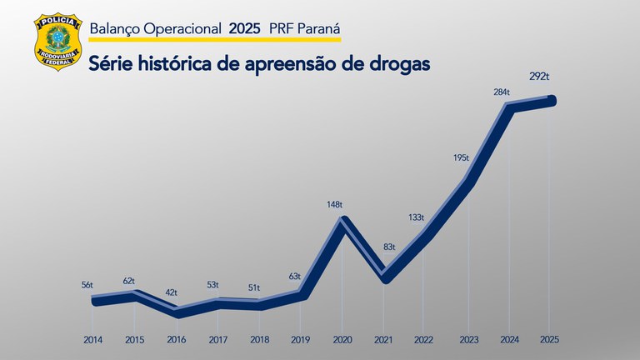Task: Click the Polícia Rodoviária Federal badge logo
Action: [x=56, y=42]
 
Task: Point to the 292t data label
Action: [x=539, y=77]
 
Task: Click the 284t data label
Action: [x=502, y=92]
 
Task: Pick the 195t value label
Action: [x=461, y=157]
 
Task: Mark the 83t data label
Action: [x=389, y=247]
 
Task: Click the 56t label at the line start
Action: [x=87, y=285]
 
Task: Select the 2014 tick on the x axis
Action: [x=93, y=340]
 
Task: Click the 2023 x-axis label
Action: [x=468, y=340]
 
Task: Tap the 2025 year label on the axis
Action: [x=548, y=340]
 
